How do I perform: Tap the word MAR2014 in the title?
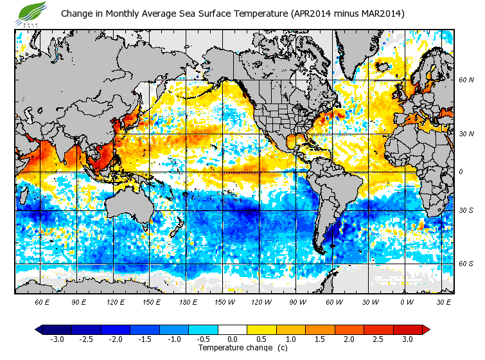[x=380, y=14]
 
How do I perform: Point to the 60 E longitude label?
[x=43, y=301]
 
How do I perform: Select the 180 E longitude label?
[x=188, y=301]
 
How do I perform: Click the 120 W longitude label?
[x=260, y=301]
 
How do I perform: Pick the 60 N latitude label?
[x=466, y=80]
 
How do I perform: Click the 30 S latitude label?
[x=466, y=210]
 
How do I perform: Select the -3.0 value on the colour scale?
[x=57, y=339]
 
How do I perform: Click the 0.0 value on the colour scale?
[x=233, y=339]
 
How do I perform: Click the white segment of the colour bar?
[x=233, y=329]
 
